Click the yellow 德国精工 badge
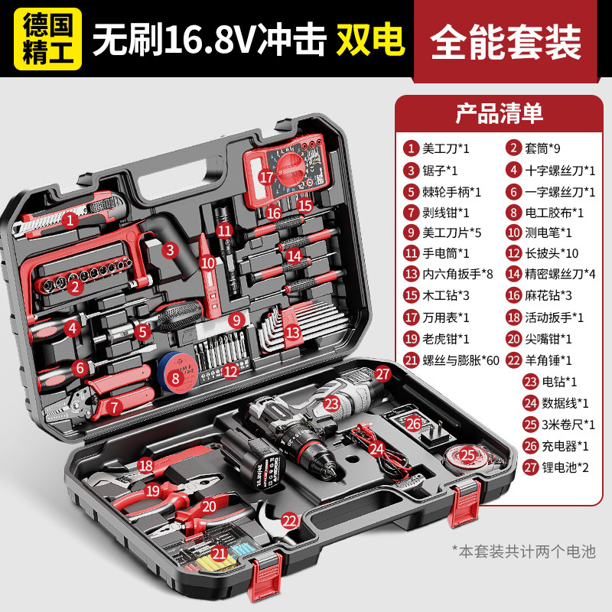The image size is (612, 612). click(x=47, y=39)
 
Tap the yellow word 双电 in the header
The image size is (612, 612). click(x=370, y=40)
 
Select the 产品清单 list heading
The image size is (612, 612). click(x=500, y=113)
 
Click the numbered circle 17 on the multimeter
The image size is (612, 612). click(x=266, y=177)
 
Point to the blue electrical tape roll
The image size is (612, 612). click(x=177, y=373)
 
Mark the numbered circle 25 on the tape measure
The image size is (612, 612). click(x=467, y=455)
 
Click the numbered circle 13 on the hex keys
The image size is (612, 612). click(x=293, y=333)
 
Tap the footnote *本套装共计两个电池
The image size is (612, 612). click(x=524, y=552)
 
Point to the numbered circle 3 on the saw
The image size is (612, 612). click(x=170, y=250)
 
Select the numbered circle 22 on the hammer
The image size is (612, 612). click(x=290, y=521)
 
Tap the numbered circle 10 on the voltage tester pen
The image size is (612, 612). click(x=208, y=262)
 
